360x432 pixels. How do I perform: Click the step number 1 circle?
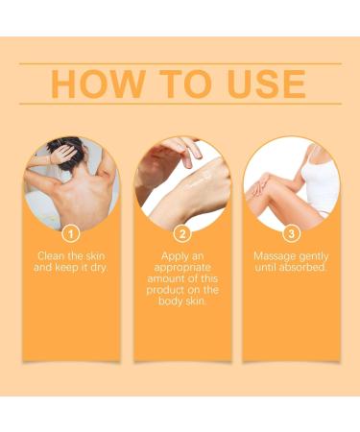pyautogui.click(x=70, y=233)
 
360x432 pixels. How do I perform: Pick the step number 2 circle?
pyautogui.click(x=180, y=233)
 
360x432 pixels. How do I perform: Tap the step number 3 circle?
pyautogui.click(x=289, y=233)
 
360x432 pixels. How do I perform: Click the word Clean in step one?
pyautogui.click(x=53, y=257)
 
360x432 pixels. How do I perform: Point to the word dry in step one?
pyautogui.click(x=98, y=268)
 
